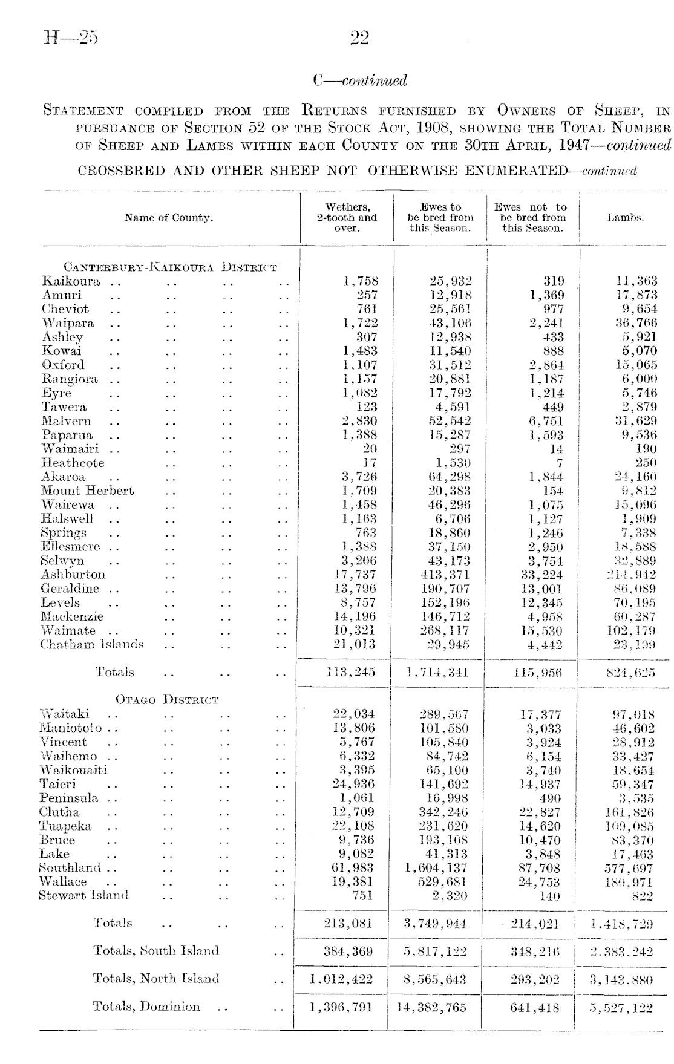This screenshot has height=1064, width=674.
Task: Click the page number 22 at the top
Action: pyautogui.click(x=359, y=39)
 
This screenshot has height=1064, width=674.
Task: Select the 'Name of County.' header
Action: pyautogui.click(x=169, y=218)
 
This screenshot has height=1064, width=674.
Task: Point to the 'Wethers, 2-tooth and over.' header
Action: pyautogui.click(x=347, y=218)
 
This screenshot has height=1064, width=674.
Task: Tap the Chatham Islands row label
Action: pyautogui.click(x=93, y=644)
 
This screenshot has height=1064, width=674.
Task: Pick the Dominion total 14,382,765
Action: pyautogui.click(x=431, y=1007)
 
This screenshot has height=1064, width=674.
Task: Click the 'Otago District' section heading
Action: pyautogui.click(x=167, y=700)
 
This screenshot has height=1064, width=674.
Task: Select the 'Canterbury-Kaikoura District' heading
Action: pyautogui.click(x=170, y=267)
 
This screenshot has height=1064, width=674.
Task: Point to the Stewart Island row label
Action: pyautogui.click(x=83, y=895)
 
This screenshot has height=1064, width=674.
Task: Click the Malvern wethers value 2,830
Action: pyautogui.click(x=360, y=421)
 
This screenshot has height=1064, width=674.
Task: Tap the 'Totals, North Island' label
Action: pyautogui.click(x=156, y=979)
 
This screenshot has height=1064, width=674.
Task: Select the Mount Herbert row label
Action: pyautogui.click(x=88, y=491)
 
